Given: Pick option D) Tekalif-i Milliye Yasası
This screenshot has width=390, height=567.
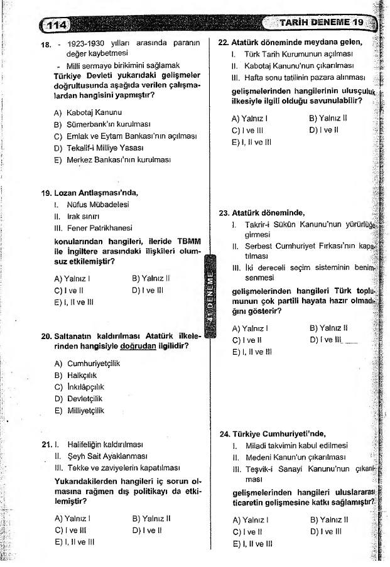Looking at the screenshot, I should [99, 148].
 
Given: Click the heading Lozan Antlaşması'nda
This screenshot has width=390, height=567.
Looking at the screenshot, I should [96, 193].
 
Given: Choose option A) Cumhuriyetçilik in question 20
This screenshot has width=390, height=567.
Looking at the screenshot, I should [87, 363].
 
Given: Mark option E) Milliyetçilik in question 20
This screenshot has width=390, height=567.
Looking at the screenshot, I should [79, 411].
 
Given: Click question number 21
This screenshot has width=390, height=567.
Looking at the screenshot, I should [46, 444].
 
